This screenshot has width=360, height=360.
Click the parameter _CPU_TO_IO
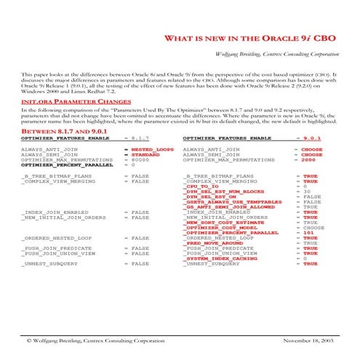[x=203, y=186]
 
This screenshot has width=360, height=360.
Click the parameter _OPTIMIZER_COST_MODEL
[x=217, y=227]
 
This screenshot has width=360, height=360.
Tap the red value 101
[x=309, y=232]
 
